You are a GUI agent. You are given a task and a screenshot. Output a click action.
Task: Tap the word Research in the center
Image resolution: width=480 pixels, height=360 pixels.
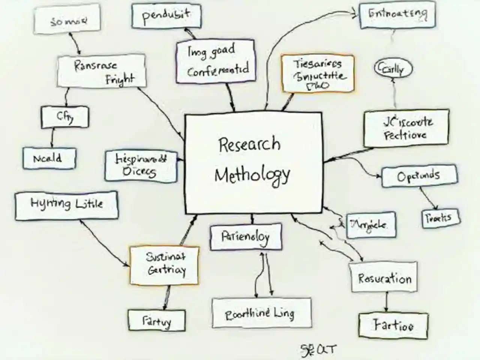pyautogui.click(x=249, y=144)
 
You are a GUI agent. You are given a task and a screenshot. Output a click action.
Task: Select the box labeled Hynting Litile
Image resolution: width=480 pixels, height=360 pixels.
pyautogui.click(x=66, y=205)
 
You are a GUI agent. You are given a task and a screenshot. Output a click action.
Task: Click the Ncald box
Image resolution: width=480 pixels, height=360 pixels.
pyautogui.click(x=49, y=158)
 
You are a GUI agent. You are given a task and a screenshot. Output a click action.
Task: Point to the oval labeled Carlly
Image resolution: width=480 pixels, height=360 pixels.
pyautogui.click(x=393, y=69)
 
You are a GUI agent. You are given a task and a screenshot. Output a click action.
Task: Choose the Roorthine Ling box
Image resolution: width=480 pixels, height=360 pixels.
pyautogui.click(x=261, y=313)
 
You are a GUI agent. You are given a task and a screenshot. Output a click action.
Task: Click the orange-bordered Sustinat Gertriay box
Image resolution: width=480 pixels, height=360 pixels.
pyautogui.click(x=165, y=264)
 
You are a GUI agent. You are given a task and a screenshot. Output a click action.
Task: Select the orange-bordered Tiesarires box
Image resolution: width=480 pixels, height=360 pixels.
pyautogui.click(x=318, y=73)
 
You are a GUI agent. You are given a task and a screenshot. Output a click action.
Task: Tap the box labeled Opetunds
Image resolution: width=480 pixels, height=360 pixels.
pyautogui.click(x=419, y=175)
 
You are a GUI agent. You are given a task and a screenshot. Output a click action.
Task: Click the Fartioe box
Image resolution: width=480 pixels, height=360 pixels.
pyautogui.click(x=393, y=325)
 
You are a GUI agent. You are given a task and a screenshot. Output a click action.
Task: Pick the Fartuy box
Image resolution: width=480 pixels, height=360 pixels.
pyautogui.click(x=156, y=321)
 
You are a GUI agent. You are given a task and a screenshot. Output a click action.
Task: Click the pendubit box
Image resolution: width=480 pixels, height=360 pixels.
pyautogui.click(x=166, y=16)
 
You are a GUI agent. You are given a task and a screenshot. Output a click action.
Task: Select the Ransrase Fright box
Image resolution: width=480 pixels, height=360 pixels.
pyautogui.click(x=101, y=71)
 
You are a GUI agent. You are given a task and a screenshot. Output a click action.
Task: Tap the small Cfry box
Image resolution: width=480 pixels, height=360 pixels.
pyautogui.click(x=65, y=117)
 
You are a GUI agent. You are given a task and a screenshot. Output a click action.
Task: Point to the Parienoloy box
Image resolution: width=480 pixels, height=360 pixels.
pyautogui.click(x=246, y=237)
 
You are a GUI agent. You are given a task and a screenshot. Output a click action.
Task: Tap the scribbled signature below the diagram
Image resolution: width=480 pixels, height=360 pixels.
pyautogui.click(x=318, y=350)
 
